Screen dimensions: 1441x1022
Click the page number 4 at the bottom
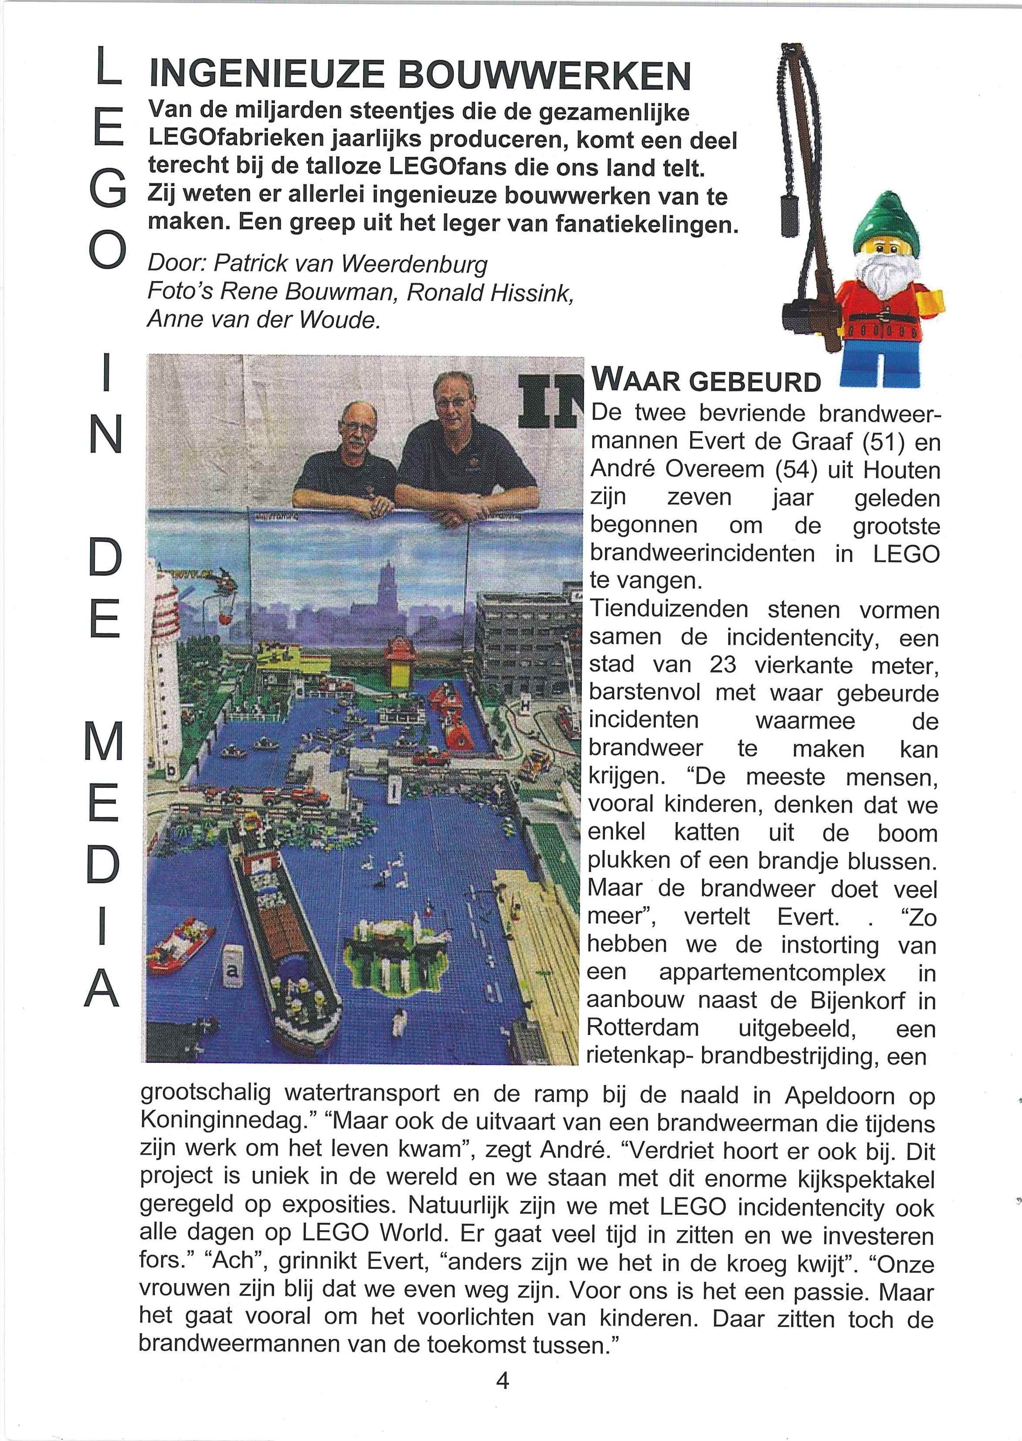point(502,1381)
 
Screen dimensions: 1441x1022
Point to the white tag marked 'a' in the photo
point(232,973)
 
